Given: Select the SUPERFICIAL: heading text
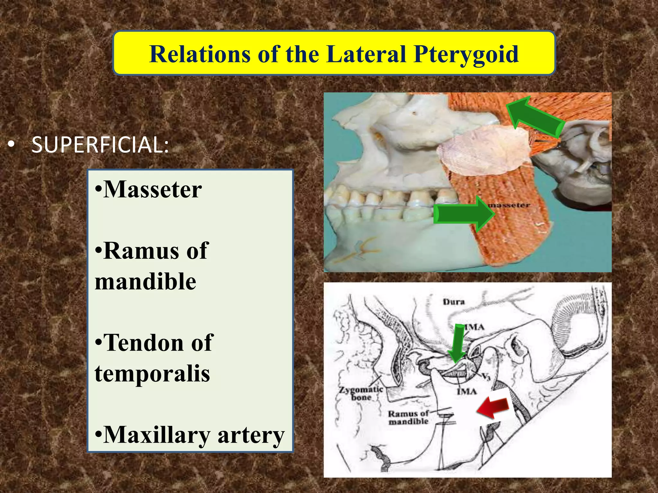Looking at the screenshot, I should (x=100, y=145).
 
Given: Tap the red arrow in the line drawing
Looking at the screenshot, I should (x=493, y=408).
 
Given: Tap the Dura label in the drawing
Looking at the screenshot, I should (x=454, y=302).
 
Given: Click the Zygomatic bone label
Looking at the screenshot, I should (x=361, y=394).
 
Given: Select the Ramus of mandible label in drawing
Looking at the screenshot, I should (x=408, y=418).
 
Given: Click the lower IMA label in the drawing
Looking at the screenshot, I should (x=467, y=391).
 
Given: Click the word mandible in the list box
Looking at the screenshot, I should (x=146, y=281).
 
